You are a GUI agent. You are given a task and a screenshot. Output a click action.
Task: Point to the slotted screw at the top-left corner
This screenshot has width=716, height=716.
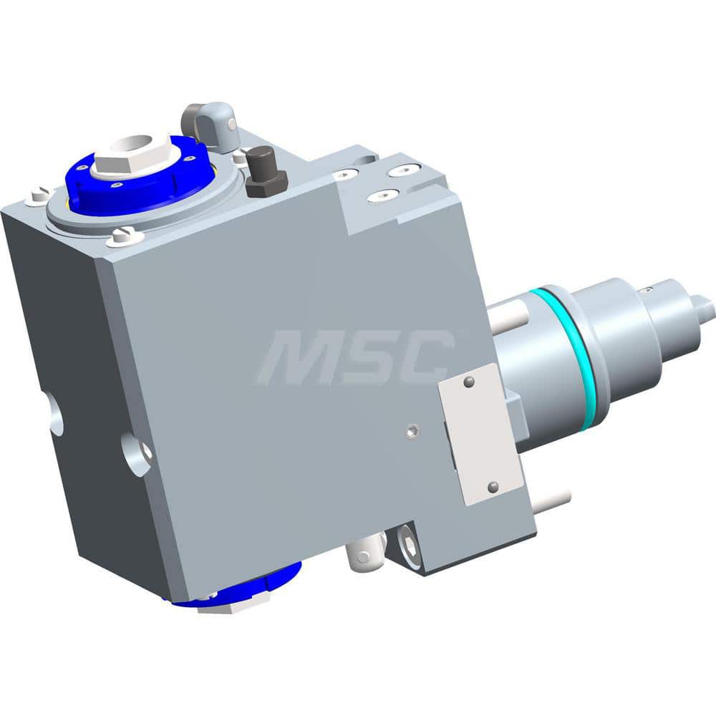(x=39, y=195)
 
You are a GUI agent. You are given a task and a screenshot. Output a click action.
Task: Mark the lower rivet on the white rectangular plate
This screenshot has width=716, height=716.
(x=492, y=487)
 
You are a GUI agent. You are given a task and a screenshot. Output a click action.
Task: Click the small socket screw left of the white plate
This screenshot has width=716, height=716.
(x=411, y=430)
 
